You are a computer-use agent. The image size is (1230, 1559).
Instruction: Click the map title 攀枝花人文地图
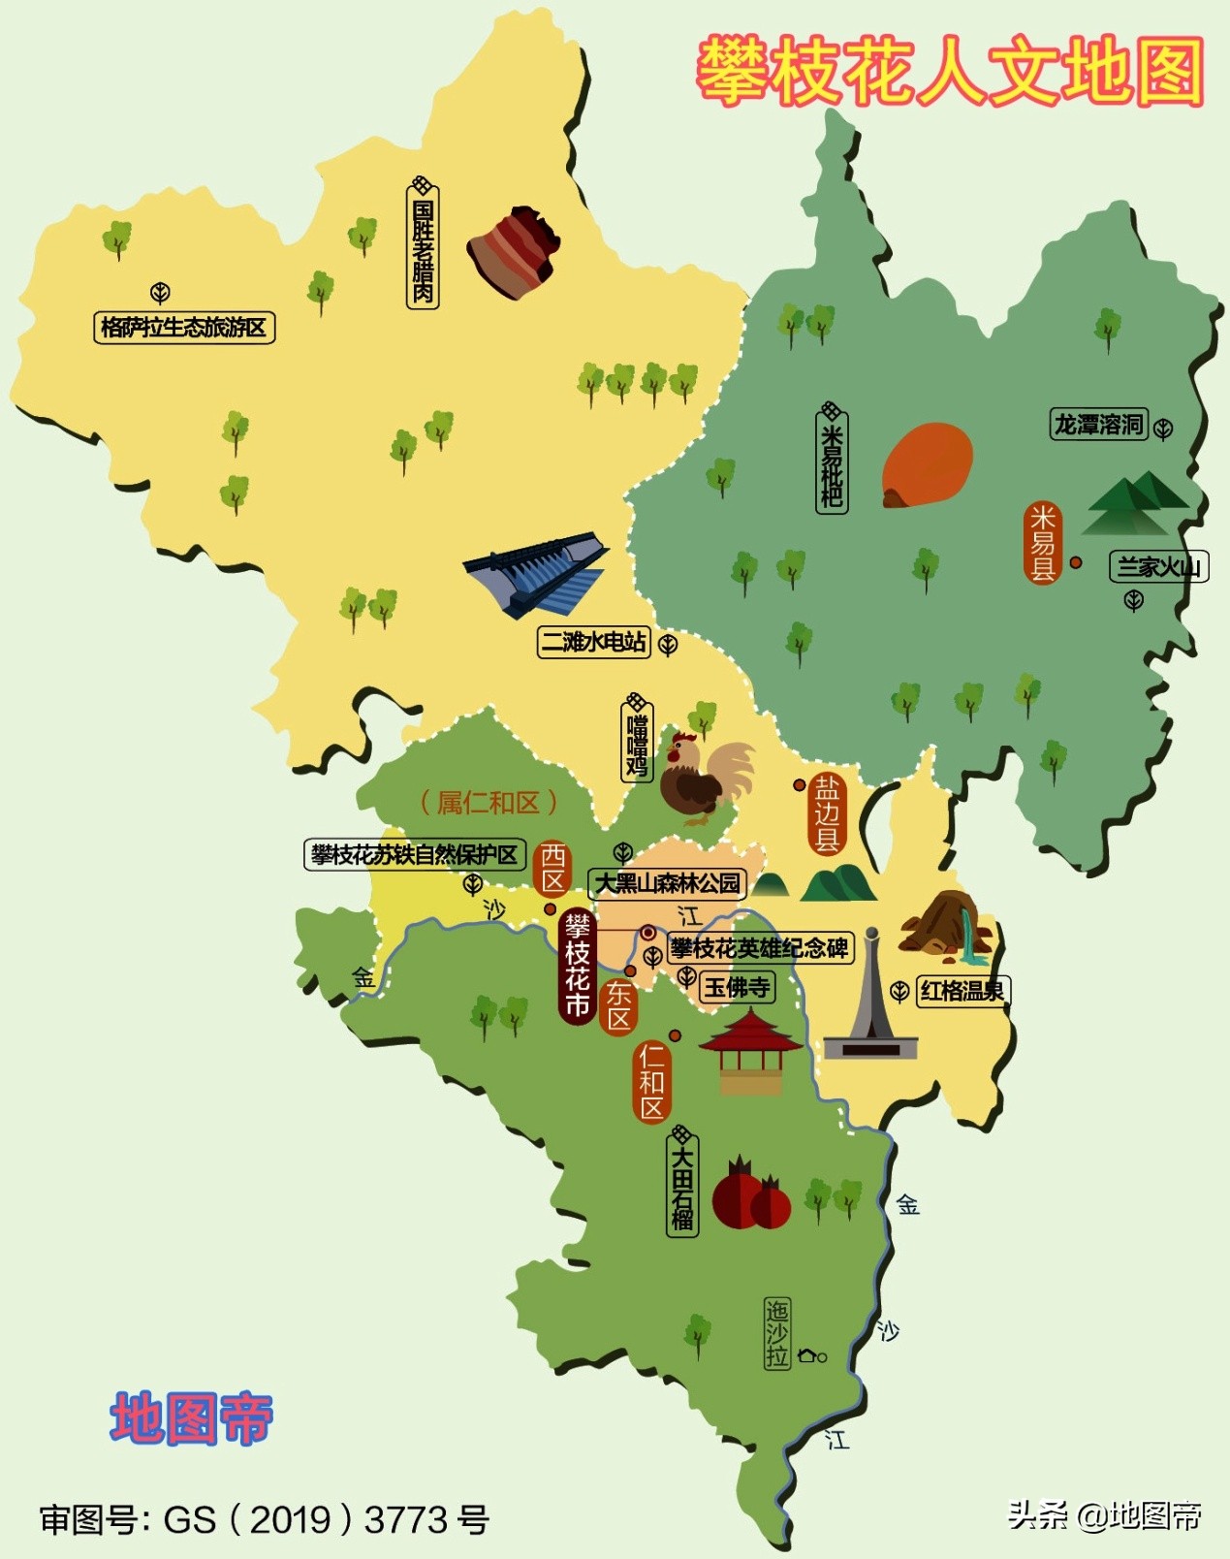950,71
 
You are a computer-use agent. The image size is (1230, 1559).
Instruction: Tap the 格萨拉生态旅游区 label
184,328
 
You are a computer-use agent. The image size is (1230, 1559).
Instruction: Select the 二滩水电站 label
594,642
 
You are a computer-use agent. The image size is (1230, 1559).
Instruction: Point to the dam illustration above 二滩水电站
535,573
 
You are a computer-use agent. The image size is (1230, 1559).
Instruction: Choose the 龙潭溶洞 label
1099,425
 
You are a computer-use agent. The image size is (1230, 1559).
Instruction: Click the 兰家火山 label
1158,567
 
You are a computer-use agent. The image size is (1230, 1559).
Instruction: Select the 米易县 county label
1043,543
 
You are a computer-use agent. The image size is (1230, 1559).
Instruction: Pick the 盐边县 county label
826,813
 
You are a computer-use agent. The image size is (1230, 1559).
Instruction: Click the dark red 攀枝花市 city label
578,967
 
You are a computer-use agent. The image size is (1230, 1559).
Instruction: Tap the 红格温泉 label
962,991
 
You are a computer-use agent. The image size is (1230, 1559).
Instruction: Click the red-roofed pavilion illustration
750,1052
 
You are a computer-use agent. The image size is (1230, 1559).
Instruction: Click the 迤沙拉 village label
777,1334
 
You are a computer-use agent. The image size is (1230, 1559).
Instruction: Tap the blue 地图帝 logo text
191,1418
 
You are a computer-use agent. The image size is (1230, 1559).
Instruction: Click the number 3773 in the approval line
406,1519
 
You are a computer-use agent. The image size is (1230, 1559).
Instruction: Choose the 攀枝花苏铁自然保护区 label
415,855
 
